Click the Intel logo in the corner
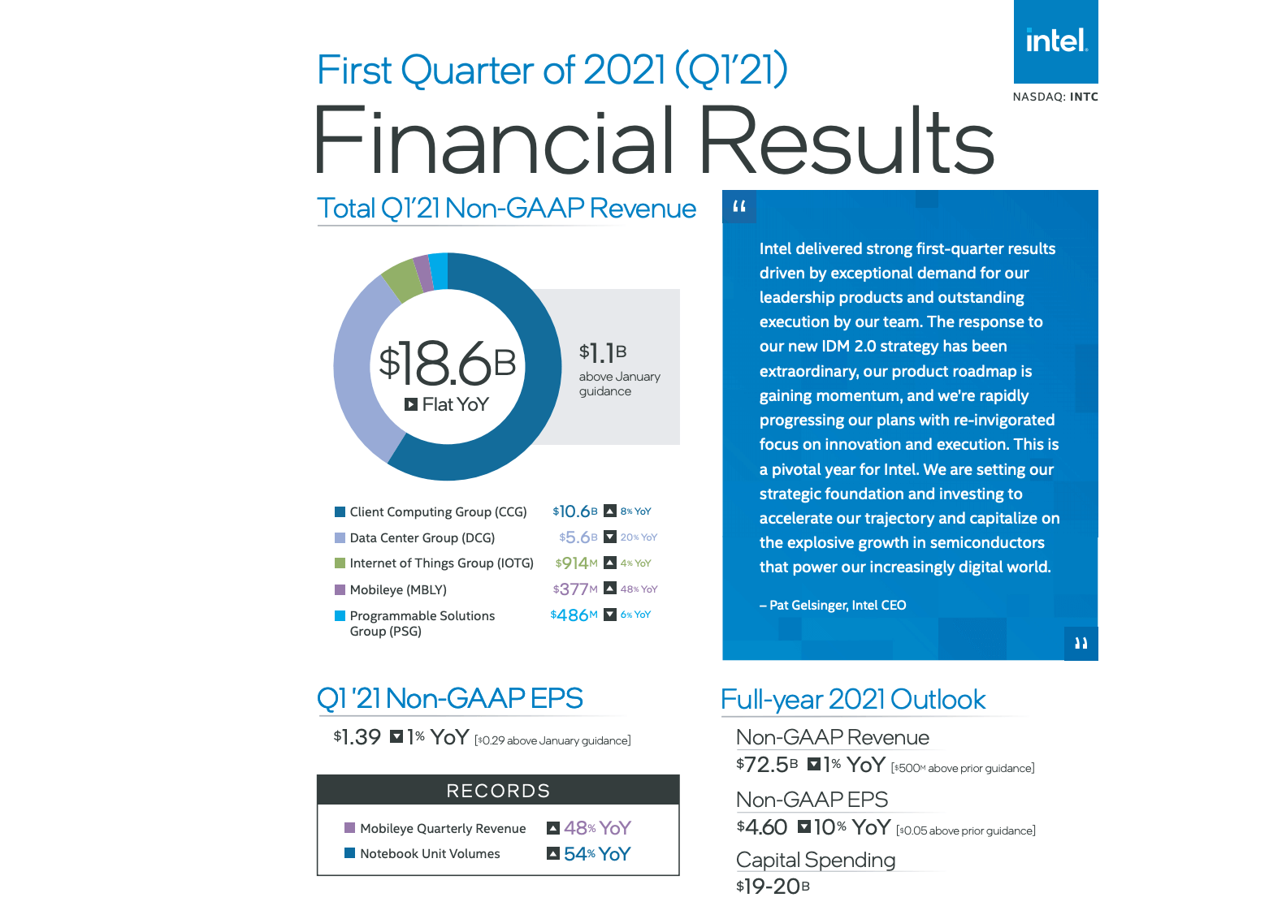pos(1055,41)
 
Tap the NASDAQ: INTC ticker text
pos(1055,97)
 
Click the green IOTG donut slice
pos(400,279)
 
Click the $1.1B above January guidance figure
pos(603,353)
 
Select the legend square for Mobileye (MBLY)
pos(340,589)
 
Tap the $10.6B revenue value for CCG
pos(574,511)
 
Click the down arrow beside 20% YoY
pos(610,537)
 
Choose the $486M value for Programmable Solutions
pos(574,615)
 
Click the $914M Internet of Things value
pos(576,563)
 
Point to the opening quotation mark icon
pos(739,206)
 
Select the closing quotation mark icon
pos(1081,644)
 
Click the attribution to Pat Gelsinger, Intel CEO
pos(833,605)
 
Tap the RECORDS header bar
pos(498,791)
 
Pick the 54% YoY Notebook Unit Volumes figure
pos(597,854)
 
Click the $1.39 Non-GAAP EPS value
pos(357,737)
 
